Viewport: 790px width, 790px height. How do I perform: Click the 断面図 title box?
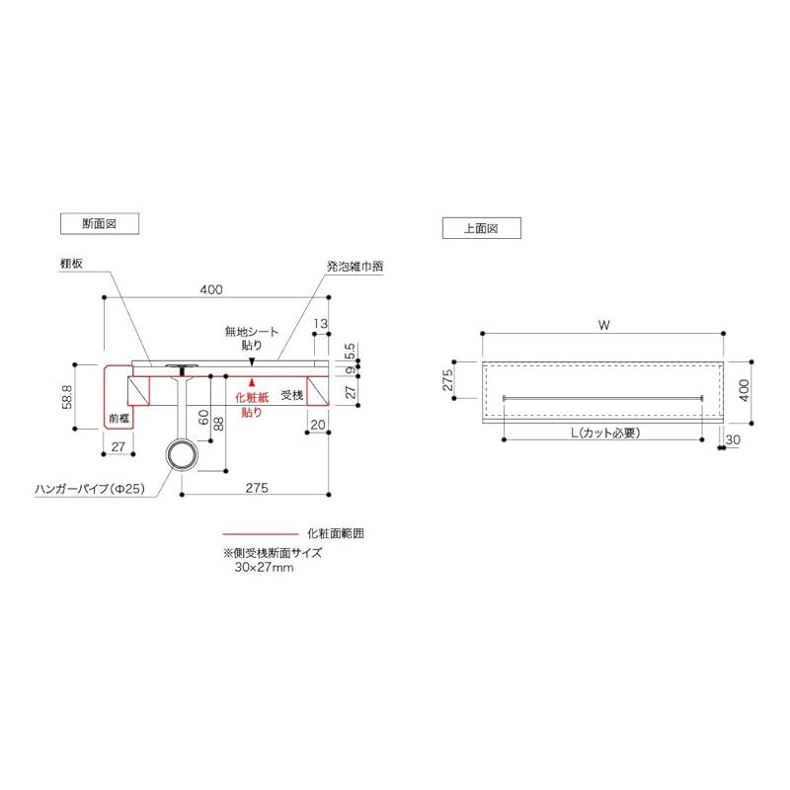point(99,224)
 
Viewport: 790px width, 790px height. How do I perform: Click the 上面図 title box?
point(480,228)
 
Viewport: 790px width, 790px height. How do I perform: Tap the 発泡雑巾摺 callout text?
point(355,267)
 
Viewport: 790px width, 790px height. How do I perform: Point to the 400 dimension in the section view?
point(210,289)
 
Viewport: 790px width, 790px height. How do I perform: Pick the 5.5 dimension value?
point(351,351)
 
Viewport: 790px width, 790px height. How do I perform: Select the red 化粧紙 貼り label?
point(252,404)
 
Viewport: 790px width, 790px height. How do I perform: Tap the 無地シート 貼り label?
point(252,338)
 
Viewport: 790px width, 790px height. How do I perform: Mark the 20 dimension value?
point(317,425)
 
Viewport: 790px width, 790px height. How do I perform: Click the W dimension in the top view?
point(603,324)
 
